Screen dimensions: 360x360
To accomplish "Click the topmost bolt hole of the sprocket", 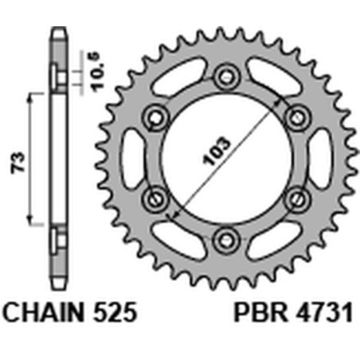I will click(226, 76).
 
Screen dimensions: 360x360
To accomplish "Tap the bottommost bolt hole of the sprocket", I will click(226, 237).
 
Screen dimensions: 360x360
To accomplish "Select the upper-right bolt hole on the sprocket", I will click(296, 117).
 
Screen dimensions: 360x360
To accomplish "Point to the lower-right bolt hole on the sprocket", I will click(296, 198).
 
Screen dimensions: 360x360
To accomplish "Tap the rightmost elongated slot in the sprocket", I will click(319, 157).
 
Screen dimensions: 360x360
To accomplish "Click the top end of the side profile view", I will click(57, 32).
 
